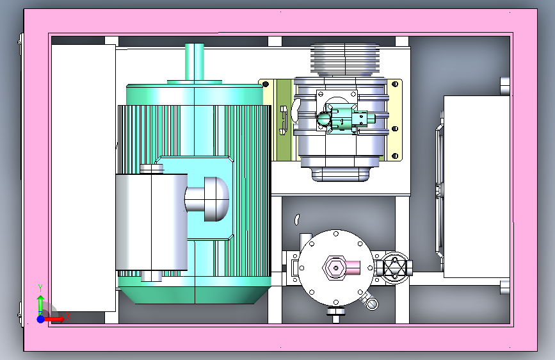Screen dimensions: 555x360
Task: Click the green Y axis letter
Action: pos(40,288)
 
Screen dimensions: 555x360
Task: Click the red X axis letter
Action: pos(68,316)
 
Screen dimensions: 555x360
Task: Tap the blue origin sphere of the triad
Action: pos(41,319)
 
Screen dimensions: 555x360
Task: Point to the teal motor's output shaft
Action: pos(195,62)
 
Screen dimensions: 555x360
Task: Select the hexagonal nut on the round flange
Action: pos(335,268)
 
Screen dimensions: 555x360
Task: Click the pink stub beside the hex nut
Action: pos(353,268)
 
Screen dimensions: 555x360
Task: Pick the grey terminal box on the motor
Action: pos(152,222)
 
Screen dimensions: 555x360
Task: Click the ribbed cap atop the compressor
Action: pos(345,60)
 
